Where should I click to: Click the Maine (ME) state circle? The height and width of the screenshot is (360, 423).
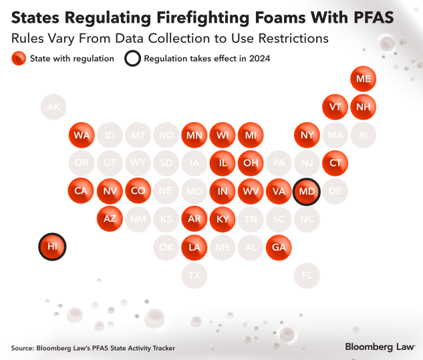363,79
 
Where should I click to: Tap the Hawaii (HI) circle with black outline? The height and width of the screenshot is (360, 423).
52,246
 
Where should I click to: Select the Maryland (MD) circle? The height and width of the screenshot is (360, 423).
307,191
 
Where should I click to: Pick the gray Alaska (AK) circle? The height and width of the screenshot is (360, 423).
53,107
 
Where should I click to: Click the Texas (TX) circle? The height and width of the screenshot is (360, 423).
194,275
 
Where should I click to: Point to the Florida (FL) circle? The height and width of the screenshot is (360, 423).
307,275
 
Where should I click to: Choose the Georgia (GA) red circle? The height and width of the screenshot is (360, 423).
278,246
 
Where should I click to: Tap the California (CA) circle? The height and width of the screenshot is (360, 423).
81,191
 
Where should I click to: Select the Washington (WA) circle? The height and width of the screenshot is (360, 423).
82,135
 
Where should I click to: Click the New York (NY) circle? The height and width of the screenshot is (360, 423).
307,135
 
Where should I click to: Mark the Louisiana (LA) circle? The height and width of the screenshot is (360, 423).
194,246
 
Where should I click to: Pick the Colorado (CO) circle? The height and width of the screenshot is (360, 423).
138,191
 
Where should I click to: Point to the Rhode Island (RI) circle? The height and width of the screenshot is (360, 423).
363,135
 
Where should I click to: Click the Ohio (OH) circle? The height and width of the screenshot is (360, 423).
251,163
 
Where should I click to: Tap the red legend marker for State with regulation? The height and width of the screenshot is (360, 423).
18,58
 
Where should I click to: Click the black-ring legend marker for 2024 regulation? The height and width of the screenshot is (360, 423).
132,58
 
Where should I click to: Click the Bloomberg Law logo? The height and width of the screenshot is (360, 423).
380,347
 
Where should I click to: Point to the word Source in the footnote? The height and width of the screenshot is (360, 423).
23,347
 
